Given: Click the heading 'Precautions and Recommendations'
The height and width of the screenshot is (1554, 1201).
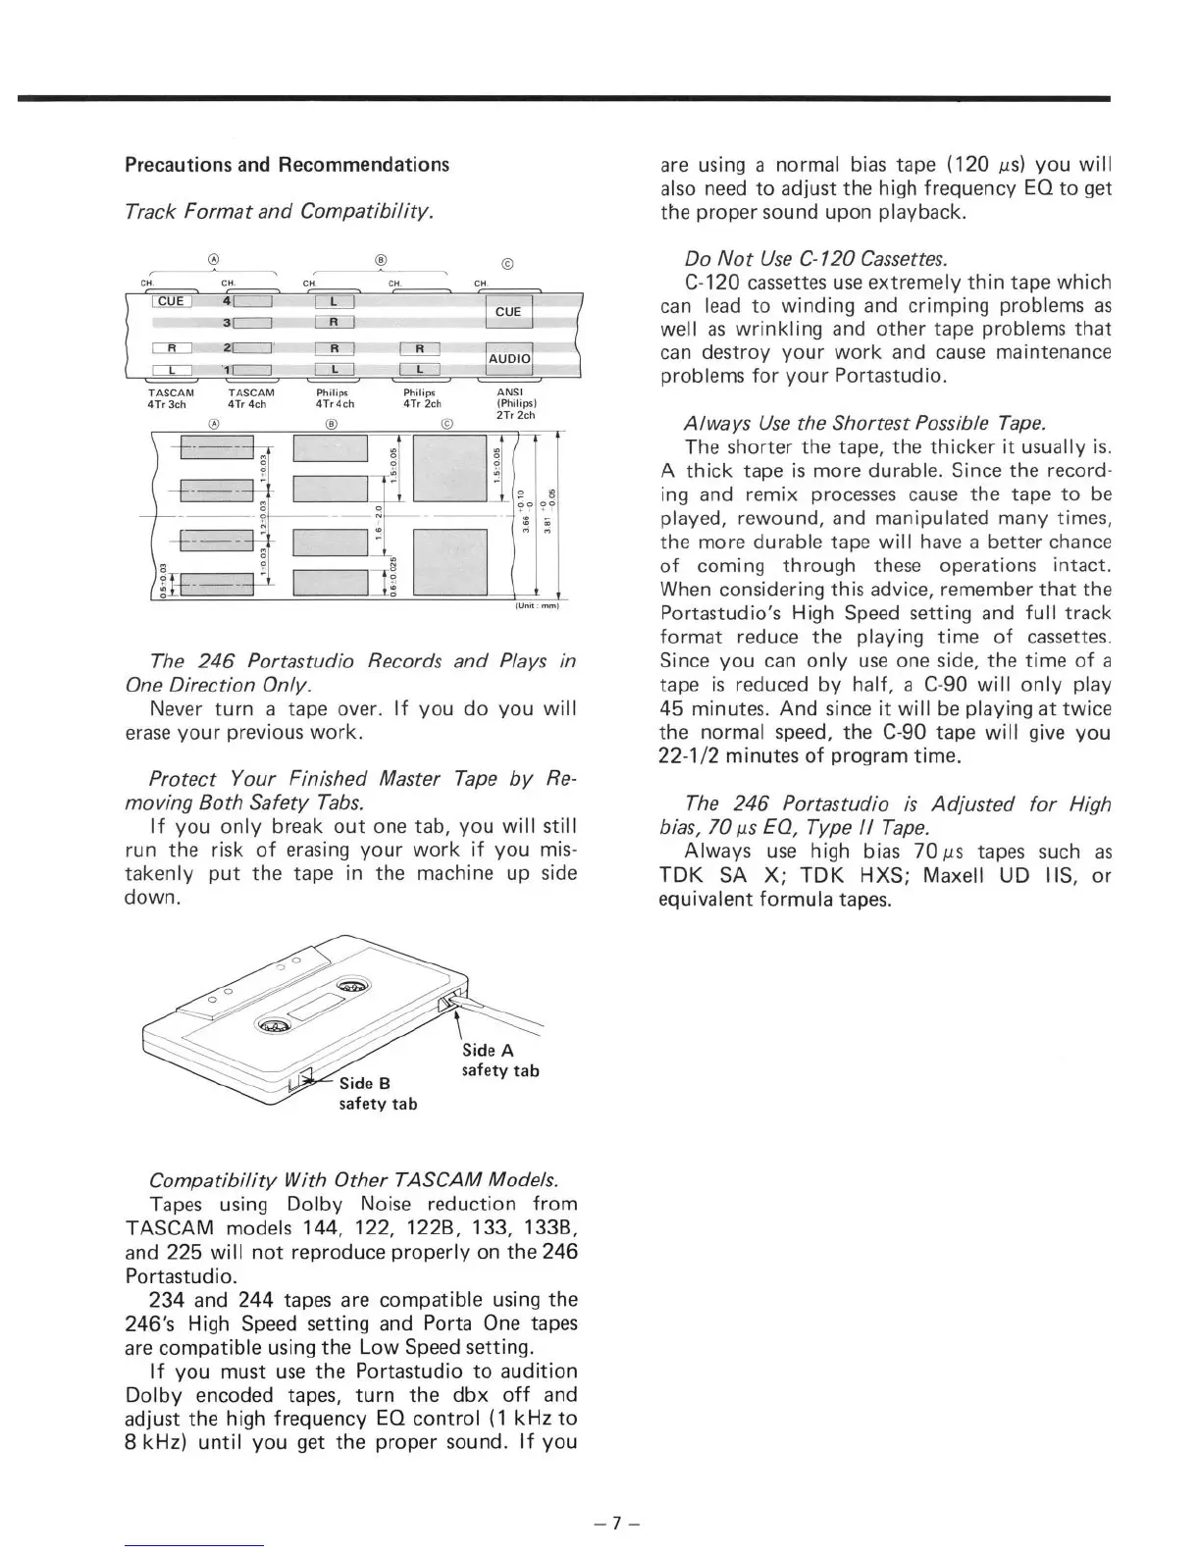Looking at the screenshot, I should tap(287, 164).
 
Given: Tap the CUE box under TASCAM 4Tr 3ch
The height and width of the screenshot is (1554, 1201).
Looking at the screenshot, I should tap(171, 301).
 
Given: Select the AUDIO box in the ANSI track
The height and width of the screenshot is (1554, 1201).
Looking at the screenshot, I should tap(508, 359).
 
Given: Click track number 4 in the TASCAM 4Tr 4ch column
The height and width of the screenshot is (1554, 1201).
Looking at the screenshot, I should tap(227, 300).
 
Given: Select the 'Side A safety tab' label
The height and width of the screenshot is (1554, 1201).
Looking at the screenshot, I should tap(500, 1060).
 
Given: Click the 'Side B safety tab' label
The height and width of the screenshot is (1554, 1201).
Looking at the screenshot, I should tap(378, 1093).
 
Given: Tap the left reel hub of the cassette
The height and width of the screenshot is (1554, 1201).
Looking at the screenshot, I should tap(273, 1026).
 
